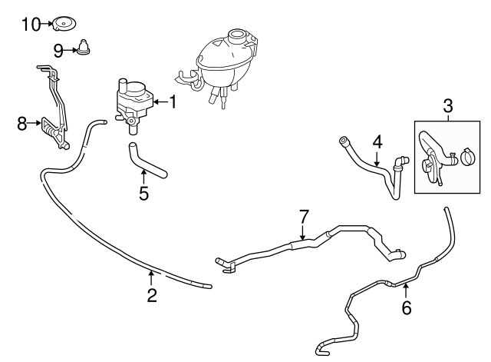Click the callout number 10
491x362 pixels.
tap(31, 25)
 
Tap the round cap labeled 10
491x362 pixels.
tap(64, 24)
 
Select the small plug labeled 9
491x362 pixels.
tap(83, 47)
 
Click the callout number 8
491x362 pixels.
tap(22, 124)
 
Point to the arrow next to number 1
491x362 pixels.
tap(160, 102)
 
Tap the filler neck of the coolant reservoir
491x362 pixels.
tap(237, 36)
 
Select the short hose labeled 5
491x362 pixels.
tap(147, 161)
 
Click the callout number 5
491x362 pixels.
tap(143, 194)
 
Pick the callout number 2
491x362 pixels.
tap(152, 295)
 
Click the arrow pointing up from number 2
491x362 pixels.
tap(152, 277)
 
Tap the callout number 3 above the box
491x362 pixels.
tap(448, 106)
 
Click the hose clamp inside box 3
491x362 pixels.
tap(468, 157)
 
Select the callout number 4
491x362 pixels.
tap(377, 142)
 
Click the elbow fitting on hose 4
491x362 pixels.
tap(400, 163)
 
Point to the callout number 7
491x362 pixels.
tap(304, 216)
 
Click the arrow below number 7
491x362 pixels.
tap(302, 232)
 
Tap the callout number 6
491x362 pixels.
tap(406, 307)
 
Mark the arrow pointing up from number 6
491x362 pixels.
tap(406, 291)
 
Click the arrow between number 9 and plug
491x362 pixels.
tap(71, 50)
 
